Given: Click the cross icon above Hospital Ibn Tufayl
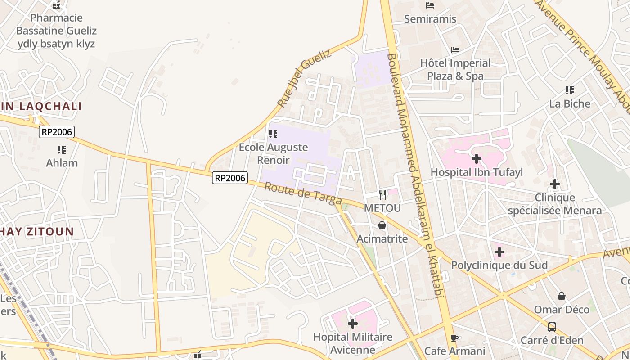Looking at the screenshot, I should [477, 158].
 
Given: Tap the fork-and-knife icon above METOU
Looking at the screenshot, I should [382, 194].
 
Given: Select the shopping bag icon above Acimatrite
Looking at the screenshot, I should [382, 225].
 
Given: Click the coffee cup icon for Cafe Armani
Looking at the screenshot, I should [454, 338].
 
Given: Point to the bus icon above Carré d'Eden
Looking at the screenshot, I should [552, 327].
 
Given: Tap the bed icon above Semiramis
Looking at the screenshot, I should [430, 5].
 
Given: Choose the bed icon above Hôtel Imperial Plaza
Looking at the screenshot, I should [455, 49].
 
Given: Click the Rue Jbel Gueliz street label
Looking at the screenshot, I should [304, 78].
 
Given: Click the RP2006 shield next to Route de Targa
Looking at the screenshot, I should [230, 178].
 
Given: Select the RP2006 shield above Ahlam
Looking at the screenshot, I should [57, 132].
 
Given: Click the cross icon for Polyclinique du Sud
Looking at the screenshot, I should [499, 252].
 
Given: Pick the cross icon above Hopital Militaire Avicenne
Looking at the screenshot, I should [353, 323].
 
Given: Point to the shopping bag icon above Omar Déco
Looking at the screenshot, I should [562, 296].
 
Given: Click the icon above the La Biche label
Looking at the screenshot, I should [570, 90].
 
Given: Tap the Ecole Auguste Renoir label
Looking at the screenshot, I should [273, 153].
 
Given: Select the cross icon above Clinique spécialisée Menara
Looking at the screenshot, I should [555, 184].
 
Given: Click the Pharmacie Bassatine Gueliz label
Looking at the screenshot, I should [56, 31].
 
